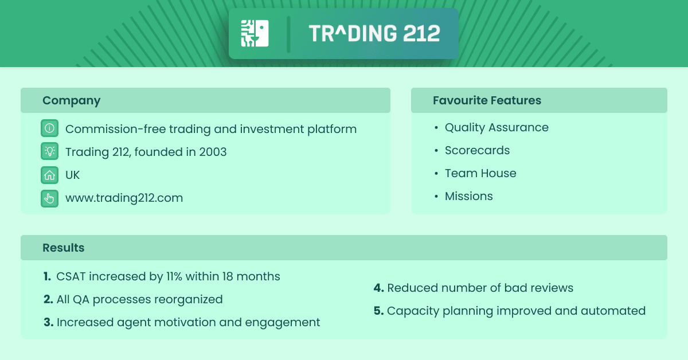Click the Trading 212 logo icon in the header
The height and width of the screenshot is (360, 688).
(255, 33)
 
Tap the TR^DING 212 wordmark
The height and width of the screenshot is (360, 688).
(374, 34)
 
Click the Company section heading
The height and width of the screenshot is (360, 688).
(71, 100)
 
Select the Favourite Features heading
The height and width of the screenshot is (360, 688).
(487, 100)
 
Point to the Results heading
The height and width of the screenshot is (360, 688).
(63, 248)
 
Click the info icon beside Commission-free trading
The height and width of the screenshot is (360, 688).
(50, 129)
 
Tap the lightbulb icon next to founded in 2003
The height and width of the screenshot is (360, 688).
(50, 152)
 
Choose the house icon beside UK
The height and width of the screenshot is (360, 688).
(50, 175)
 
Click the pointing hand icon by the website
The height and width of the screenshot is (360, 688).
(50, 198)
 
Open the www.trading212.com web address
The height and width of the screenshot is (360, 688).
(124, 198)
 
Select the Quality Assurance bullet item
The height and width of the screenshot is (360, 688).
(497, 127)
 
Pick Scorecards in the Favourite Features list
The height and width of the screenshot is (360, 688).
(477, 150)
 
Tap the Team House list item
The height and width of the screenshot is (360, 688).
(480, 173)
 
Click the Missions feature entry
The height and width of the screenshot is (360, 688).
(468, 196)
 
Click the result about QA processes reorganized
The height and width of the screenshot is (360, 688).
(139, 299)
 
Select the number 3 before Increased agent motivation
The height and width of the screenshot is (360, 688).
(48, 322)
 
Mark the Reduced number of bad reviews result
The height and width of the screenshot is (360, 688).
(480, 288)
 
